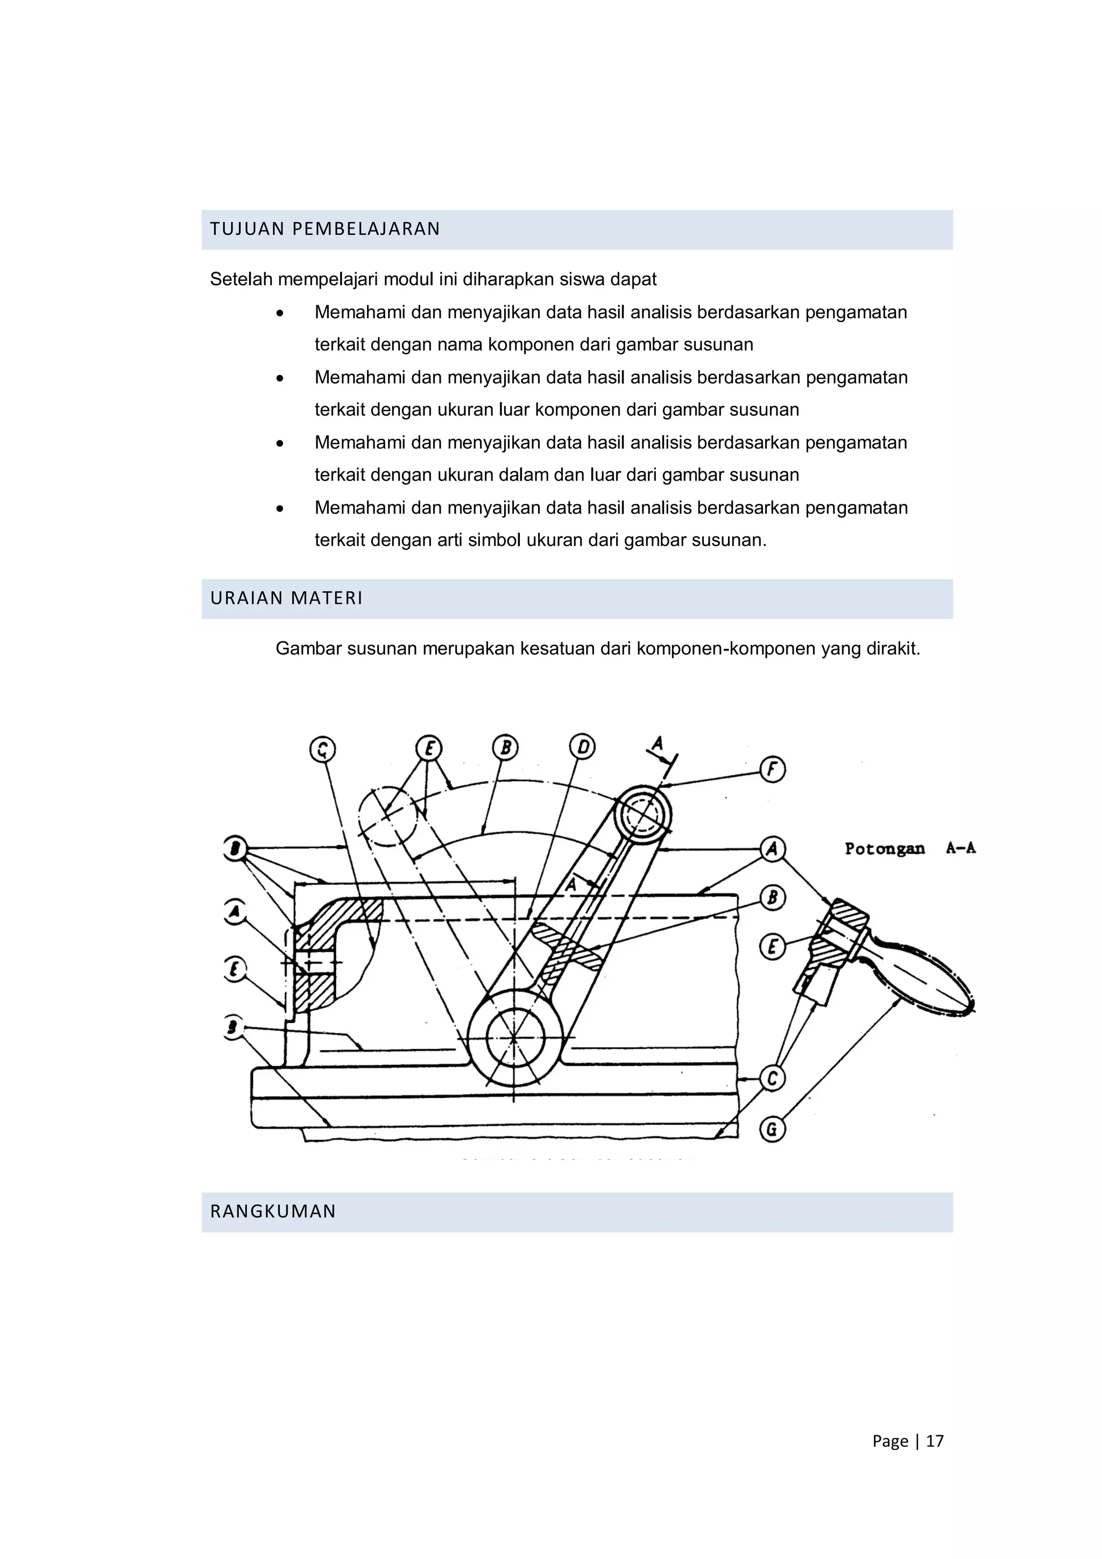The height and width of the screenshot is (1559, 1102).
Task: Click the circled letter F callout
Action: click(772, 770)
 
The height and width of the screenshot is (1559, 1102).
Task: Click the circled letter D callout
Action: click(582, 747)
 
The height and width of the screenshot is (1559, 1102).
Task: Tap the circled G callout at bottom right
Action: click(772, 1129)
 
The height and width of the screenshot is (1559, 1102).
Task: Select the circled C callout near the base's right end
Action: click(772, 1078)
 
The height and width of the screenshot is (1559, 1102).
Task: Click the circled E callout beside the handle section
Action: click(772, 946)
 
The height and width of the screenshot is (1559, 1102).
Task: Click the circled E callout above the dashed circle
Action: click(428, 749)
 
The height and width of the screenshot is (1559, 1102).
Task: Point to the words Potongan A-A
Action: click(909, 848)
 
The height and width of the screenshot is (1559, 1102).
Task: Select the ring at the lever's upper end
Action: click(642, 813)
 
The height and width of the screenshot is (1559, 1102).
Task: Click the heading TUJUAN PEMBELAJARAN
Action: click(325, 229)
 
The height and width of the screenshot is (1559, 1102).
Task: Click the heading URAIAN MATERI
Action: click(286, 598)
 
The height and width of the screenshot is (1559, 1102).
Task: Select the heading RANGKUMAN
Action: click(273, 1211)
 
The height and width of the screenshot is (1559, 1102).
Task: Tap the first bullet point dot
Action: click(280, 313)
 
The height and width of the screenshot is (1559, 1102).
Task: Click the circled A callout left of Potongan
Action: click(772, 849)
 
